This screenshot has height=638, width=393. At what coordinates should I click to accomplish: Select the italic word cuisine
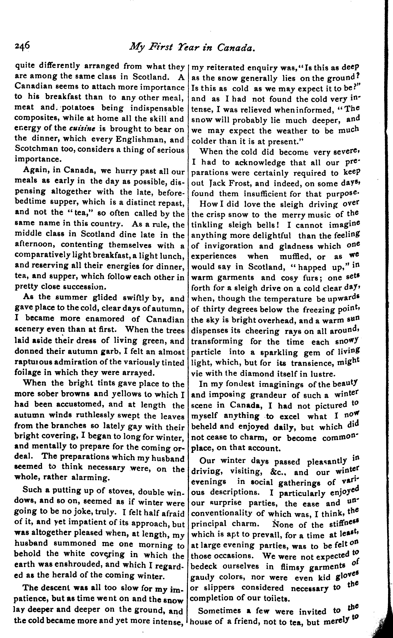(81, 129)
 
